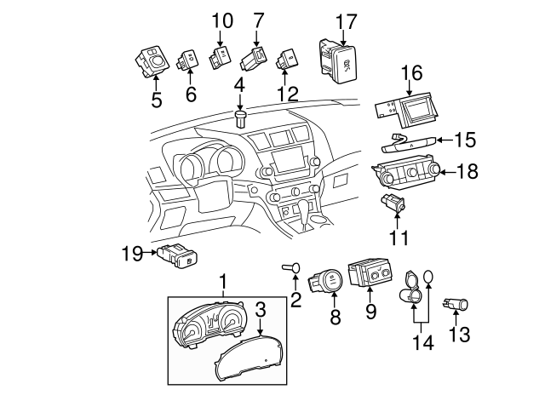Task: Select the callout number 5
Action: (156, 99)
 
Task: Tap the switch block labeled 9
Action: (372, 274)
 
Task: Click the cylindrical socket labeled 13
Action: (459, 303)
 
